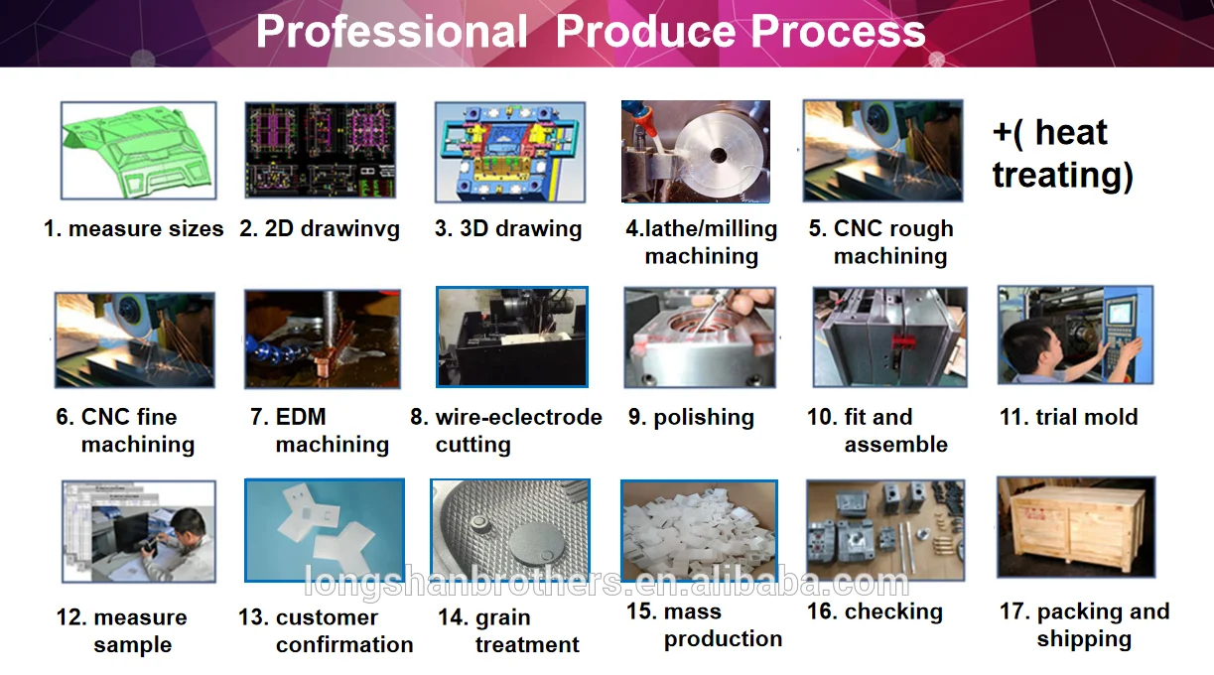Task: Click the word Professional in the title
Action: [391, 32]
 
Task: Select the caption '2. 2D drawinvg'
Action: [320, 229]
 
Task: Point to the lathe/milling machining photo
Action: [695, 151]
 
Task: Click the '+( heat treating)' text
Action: [1062, 154]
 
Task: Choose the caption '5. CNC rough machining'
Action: [880, 242]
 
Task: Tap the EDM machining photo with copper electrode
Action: [323, 338]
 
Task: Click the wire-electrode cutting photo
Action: [511, 337]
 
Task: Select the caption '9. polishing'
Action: [691, 418]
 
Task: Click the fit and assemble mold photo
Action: [876, 337]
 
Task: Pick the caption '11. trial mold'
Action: [1068, 418]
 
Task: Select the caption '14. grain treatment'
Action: [508, 631]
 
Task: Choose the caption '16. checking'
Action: [875, 611]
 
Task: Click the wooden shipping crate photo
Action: [1075, 528]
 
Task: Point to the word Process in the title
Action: [839, 32]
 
